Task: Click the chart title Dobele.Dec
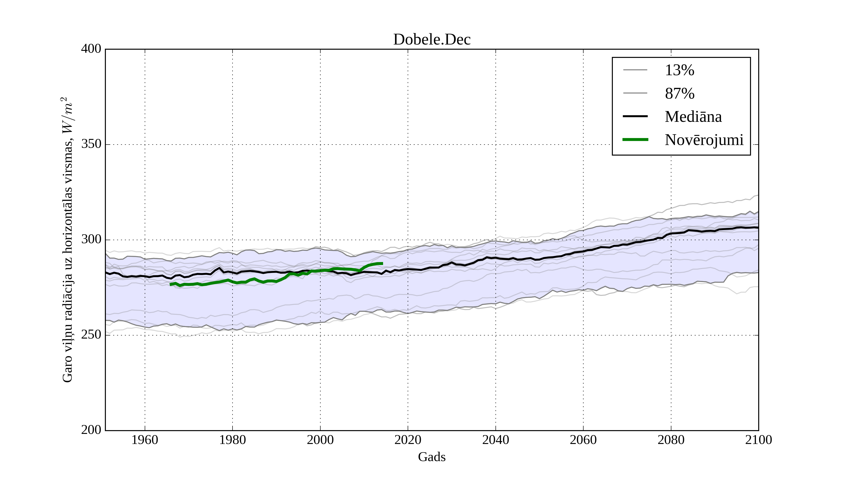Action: (x=432, y=40)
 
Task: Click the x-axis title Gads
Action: (x=432, y=457)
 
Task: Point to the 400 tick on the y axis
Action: (x=91, y=49)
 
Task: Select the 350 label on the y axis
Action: (x=91, y=144)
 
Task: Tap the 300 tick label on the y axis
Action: (x=91, y=240)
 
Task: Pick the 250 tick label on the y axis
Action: (x=91, y=335)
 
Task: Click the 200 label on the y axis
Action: (x=91, y=430)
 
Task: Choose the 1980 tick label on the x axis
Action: (x=233, y=440)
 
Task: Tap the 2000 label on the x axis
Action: (x=320, y=440)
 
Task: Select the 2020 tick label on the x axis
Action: (x=408, y=440)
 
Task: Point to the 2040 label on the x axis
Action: (x=495, y=440)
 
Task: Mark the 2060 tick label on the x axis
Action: (x=583, y=440)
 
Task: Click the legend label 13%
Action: (x=679, y=70)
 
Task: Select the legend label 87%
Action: (x=679, y=93)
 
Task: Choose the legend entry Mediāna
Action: (x=693, y=116)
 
